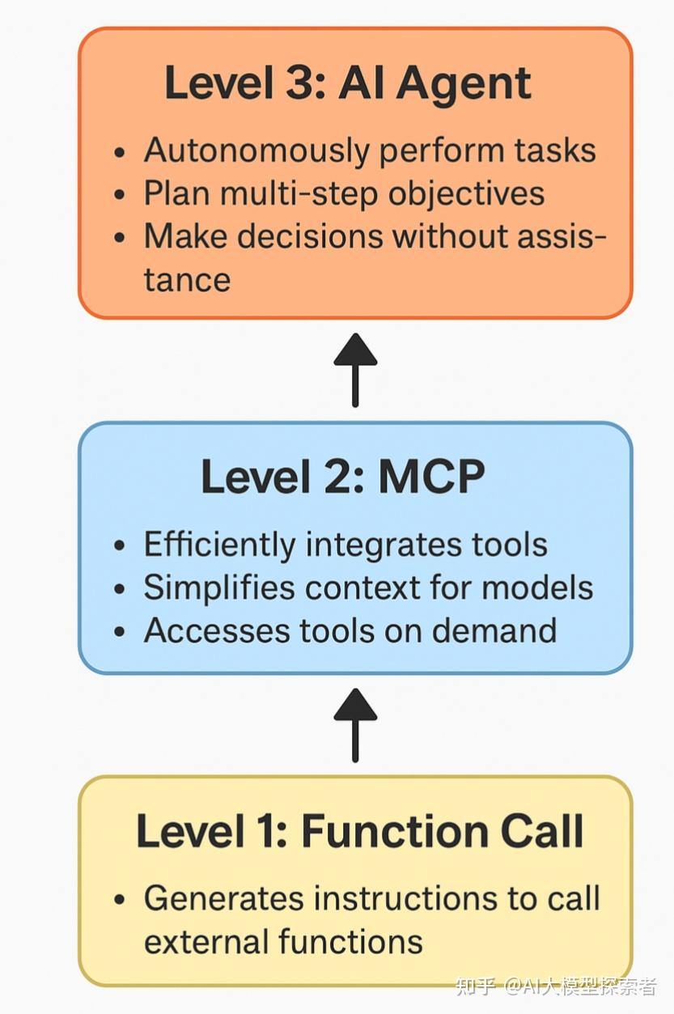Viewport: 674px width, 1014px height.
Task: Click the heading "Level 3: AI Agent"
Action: tap(348, 83)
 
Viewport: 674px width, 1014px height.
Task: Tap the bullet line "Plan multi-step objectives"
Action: tap(343, 194)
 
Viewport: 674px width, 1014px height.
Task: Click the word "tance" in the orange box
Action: tap(187, 280)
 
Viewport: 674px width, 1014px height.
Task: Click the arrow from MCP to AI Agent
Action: tap(355, 369)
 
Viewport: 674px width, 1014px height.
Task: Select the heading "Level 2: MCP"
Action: tap(342, 477)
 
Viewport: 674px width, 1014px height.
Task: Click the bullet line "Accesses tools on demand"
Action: tap(350, 630)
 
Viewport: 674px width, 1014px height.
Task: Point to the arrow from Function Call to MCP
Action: tap(355, 725)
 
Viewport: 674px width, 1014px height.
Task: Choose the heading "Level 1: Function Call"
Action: tap(359, 831)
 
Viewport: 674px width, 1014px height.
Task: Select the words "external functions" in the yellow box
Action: tap(283, 942)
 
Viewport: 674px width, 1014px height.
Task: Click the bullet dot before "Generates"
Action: tap(121, 900)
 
